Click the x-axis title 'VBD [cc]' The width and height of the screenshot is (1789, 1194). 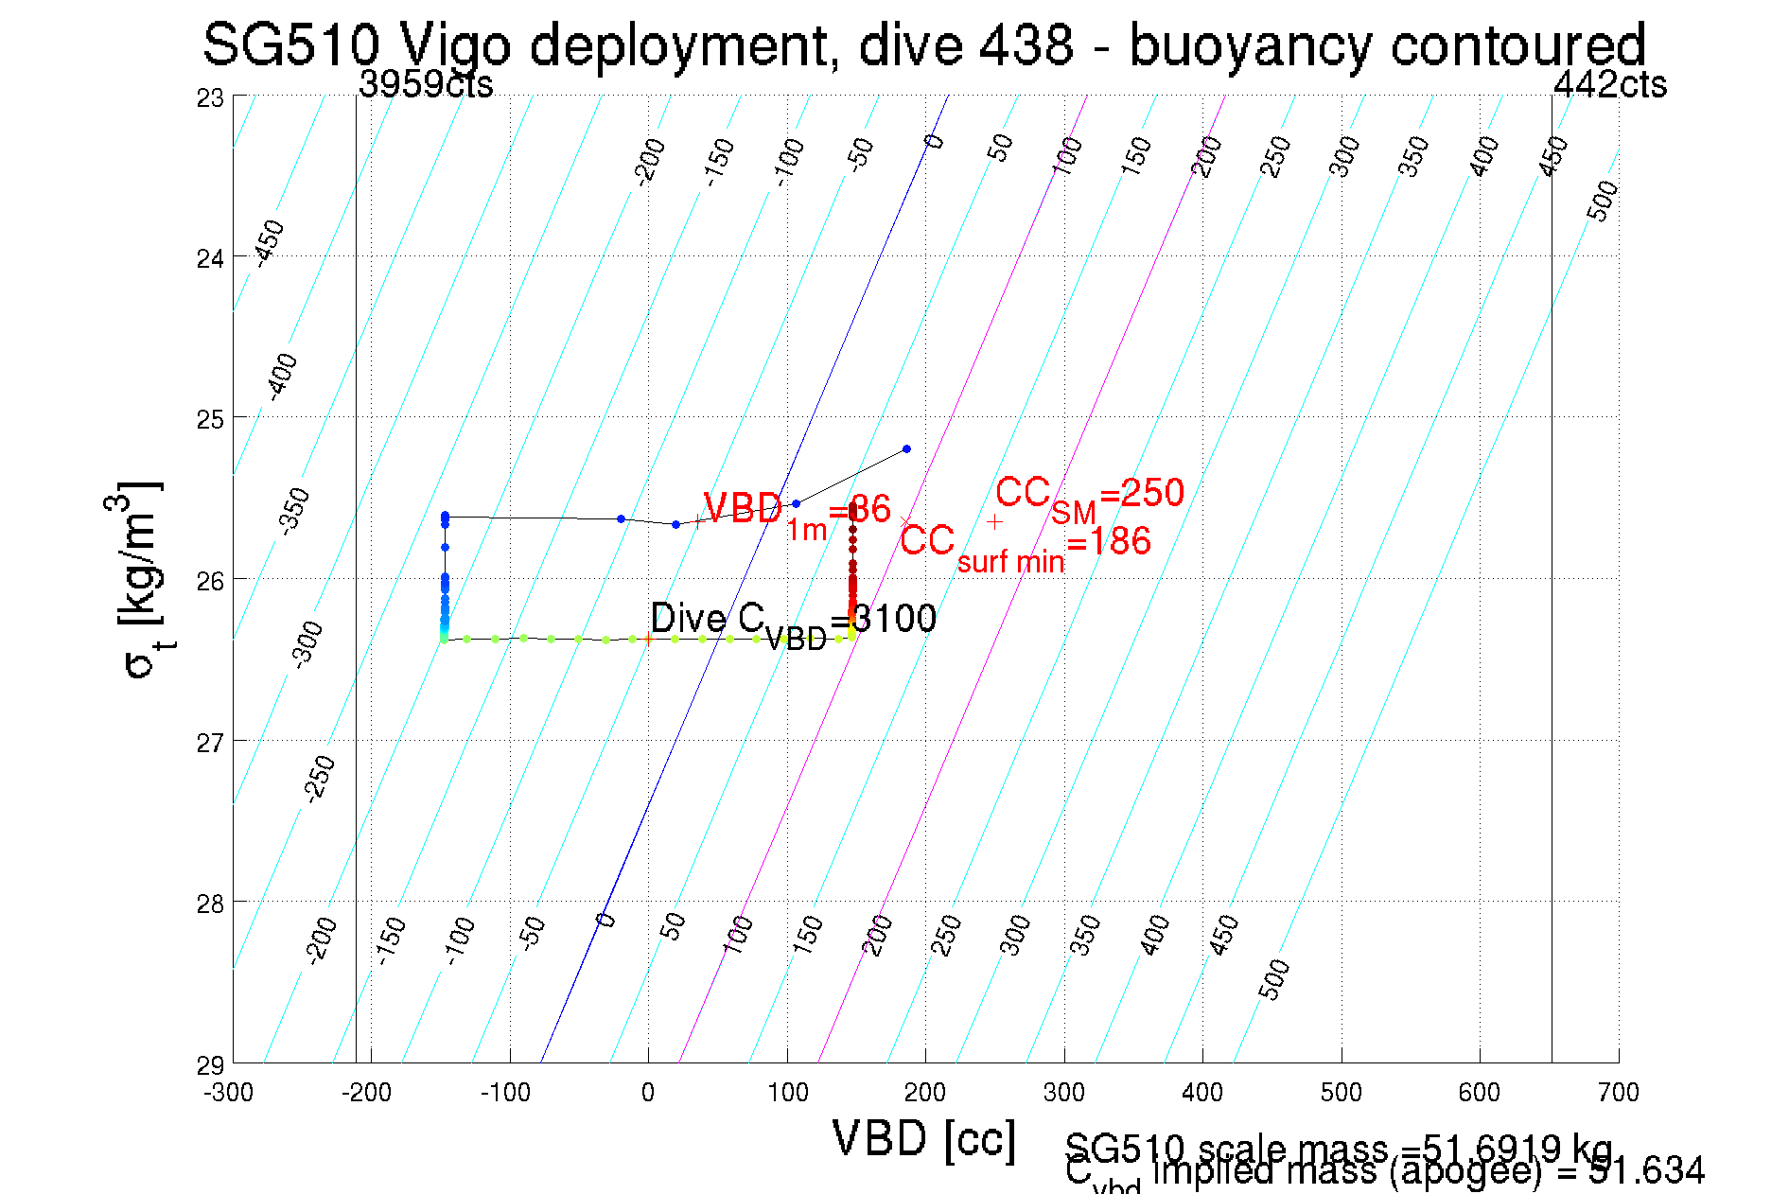click(923, 1138)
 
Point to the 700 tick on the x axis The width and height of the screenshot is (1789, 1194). click(1618, 1093)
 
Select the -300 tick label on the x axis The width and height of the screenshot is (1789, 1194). click(228, 1093)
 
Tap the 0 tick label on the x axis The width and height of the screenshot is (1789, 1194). click(647, 1093)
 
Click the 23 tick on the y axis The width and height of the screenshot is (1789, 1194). click(210, 97)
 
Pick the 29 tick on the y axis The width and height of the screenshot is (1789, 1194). click(210, 1065)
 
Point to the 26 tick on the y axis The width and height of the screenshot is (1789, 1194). click(210, 580)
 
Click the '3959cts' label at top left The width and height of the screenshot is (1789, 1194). click(426, 85)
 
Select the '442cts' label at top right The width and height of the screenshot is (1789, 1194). click(1609, 85)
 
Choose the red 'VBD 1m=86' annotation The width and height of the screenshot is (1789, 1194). click(796, 514)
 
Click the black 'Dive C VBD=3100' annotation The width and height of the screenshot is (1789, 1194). click(793, 622)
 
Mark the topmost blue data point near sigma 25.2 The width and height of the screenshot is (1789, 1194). click(906, 448)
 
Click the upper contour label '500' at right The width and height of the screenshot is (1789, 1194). click(1602, 202)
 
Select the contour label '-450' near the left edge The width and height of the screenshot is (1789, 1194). click(270, 242)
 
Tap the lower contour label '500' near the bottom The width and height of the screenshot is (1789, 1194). click(1274, 979)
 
